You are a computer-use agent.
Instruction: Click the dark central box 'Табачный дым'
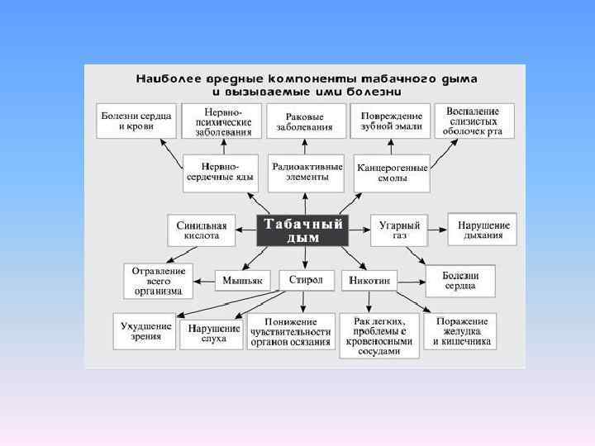click(x=303, y=230)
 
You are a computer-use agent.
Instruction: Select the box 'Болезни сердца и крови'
click(x=137, y=121)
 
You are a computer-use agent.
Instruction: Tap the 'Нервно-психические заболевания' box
click(x=221, y=121)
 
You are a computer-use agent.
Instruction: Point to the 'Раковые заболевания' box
click(x=305, y=121)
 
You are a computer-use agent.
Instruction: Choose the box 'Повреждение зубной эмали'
click(x=391, y=121)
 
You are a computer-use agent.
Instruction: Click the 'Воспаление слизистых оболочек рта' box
click(x=473, y=121)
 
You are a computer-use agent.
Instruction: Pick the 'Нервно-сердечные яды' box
click(x=221, y=172)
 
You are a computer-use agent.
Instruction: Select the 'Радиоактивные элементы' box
click(x=306, y=171)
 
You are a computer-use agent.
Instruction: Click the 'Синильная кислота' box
click(x=202, y=230)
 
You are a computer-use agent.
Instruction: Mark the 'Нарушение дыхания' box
click(x=483, y=230)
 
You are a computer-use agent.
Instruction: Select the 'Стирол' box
click(x=306, y=280)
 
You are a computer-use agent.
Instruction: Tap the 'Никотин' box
click(x=373, y=280)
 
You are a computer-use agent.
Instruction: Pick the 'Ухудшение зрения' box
click(x=145, y=331)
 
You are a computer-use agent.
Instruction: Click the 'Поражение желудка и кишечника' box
click(x=461, y=331)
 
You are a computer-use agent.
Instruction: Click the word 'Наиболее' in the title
click(x=164, y=78)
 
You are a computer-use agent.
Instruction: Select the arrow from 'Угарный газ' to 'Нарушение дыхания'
click(x=438, y=229)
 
